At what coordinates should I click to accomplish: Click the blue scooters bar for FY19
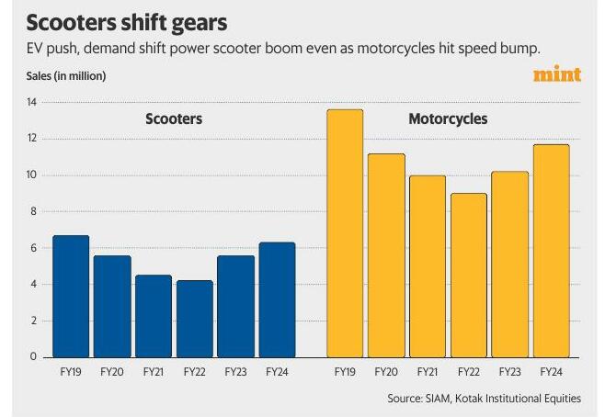click(x=71, y=297)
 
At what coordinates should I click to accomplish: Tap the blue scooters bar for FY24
click(x=278, y=299)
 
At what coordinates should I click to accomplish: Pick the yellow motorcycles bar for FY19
click(x=345, y=233)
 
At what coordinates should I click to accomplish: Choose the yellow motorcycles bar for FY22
click(x=469, y=276)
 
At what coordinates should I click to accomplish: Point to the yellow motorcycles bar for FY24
click(x=552, y=251)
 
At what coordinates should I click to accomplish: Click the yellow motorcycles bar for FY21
click(x=428, y=266)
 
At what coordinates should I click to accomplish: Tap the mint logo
click(x=557, y=73)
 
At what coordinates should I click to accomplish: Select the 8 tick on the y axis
click(x=31, y=211)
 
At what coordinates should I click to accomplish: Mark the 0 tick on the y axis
click(x=31, y=356)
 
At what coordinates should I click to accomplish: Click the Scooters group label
click(x=174, y=119)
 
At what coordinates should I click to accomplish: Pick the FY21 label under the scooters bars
click(x=154, y=373)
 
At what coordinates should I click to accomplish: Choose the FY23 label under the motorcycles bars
click(x=510, y=373)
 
